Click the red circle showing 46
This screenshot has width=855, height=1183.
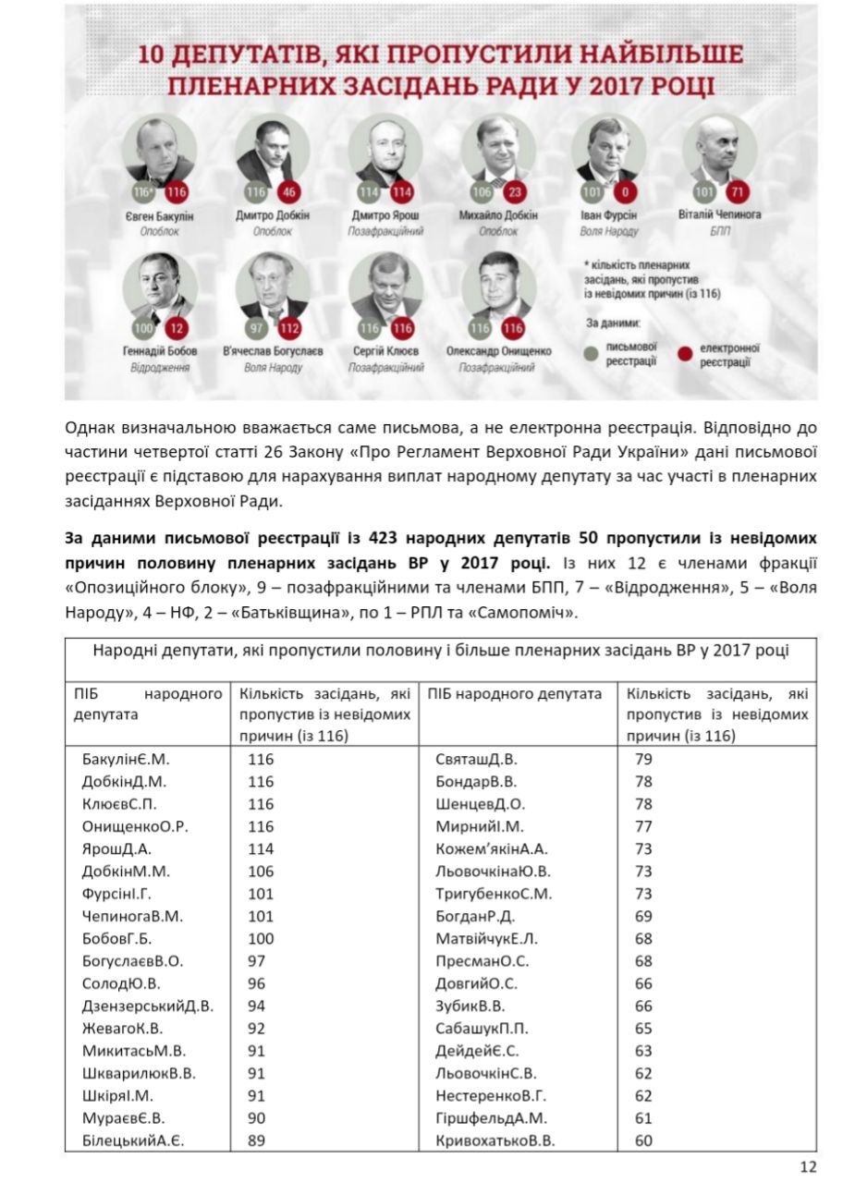coord(288,192)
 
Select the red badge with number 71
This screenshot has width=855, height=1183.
coord(737,192)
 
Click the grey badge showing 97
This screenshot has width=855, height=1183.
coord(256,328)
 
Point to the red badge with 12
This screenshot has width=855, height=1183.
coord(176,328)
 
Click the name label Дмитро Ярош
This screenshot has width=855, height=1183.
coord(385,215)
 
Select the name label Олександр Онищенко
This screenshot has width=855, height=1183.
coord(497,351)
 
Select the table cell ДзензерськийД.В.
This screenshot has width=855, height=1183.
coord(147,1006)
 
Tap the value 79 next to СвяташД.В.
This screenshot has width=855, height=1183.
coord(643,760)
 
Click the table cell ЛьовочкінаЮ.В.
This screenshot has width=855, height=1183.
coord(493,872)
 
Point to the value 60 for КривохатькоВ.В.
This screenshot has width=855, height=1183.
coord(643,1140)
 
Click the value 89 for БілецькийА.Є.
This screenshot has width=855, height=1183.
coord(256,1140)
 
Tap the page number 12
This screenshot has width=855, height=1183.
coord(808,1166)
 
